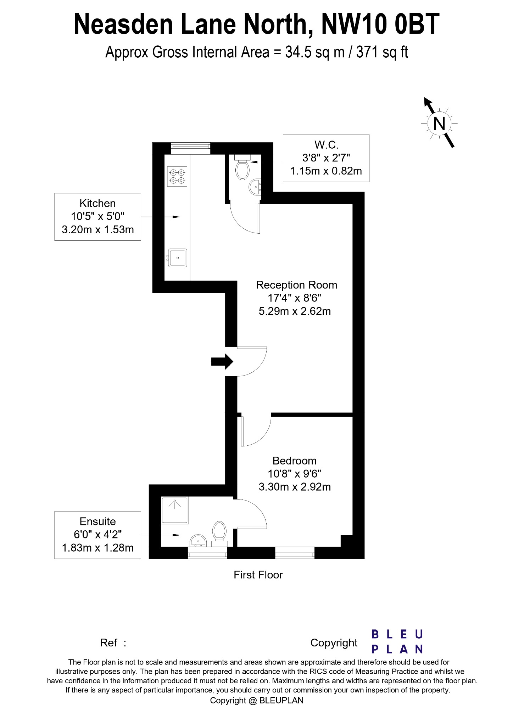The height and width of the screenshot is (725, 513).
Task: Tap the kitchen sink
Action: [x=177, y=258]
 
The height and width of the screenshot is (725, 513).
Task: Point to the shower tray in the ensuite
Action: [x=175, y=510]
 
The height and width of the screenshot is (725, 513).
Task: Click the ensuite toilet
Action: [x=219, y=533]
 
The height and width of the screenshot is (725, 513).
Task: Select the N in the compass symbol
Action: [x=439, y=124]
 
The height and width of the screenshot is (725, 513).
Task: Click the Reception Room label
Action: [x=296, y=285]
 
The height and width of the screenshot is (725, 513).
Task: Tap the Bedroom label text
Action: [x=294, y=461]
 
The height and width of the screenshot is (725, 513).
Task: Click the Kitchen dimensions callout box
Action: [x=97, y=217]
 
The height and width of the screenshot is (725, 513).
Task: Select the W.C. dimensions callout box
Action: [x=326, y=158]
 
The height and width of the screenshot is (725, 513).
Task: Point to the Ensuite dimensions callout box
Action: [x=97, y=535]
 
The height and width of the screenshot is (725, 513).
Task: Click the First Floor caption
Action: [x=258, y=575]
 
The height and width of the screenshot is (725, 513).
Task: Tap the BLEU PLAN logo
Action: [x=397, y=641]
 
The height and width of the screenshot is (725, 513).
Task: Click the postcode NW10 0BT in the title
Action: [x=380, y=24]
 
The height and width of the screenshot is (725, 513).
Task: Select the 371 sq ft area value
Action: [x=382, y=52]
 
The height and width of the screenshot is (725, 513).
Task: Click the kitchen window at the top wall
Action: [x=191, y=148]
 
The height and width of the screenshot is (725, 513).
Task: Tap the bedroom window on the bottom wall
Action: [x=295, y=553]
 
